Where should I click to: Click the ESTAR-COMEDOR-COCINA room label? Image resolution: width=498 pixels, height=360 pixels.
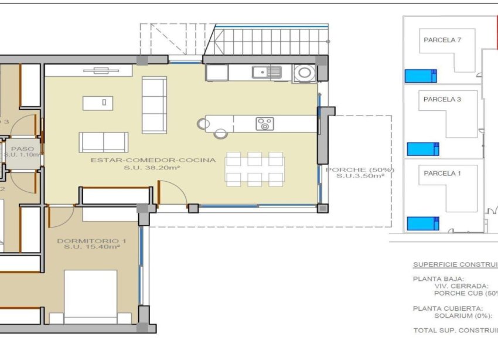click(153, 159)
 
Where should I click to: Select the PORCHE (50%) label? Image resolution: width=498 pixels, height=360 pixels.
click(359, 170)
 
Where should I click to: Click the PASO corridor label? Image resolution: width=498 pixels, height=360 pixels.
click(22, 149)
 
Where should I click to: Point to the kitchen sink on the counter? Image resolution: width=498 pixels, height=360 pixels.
click(267, 72)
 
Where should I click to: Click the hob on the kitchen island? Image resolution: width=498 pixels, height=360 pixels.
click(264, 124)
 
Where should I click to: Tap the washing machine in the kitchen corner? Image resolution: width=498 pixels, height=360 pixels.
click(305, 73)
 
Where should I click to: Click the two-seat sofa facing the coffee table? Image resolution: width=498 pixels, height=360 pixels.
click(104, 142)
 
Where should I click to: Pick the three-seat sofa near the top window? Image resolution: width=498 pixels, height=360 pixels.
click(155, 104)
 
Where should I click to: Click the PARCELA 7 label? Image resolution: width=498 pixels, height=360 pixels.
click(442, 40)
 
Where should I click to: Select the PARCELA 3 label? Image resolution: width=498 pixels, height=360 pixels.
click(442, 100)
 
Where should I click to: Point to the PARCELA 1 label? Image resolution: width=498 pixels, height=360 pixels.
click(442, 174)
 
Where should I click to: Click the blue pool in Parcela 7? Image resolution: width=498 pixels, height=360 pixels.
click(421, 76)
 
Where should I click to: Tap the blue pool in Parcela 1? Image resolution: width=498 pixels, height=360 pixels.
click(422, 223)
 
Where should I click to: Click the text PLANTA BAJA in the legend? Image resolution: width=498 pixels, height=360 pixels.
click(438, 279)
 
